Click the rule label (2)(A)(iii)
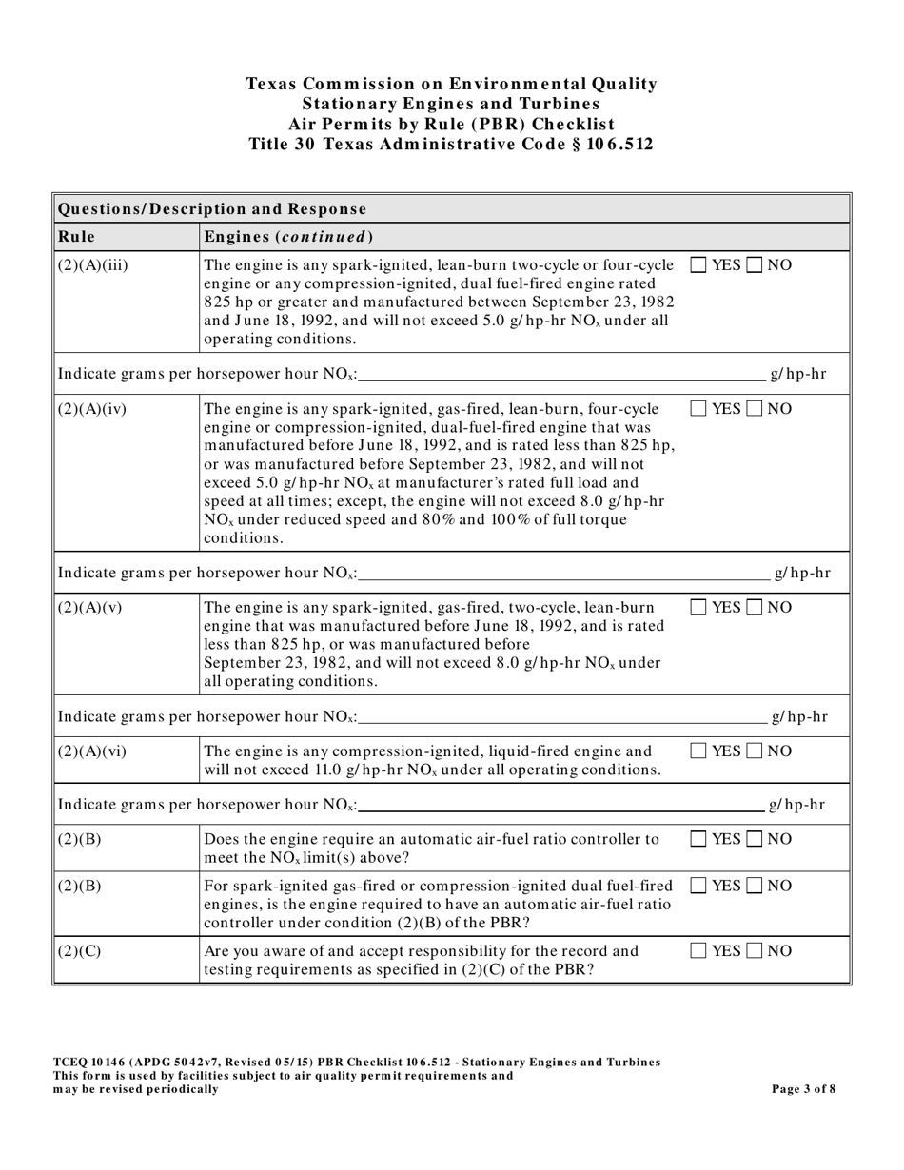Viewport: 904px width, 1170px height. (93, 265)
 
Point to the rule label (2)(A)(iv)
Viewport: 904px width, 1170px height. (92, 410)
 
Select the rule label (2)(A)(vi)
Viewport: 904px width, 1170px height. (92, 752)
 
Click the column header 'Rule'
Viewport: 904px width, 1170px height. (76, 236)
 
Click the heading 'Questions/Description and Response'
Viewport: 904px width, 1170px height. (212, 208)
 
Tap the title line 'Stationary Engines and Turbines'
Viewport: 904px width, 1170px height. (451, 104)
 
